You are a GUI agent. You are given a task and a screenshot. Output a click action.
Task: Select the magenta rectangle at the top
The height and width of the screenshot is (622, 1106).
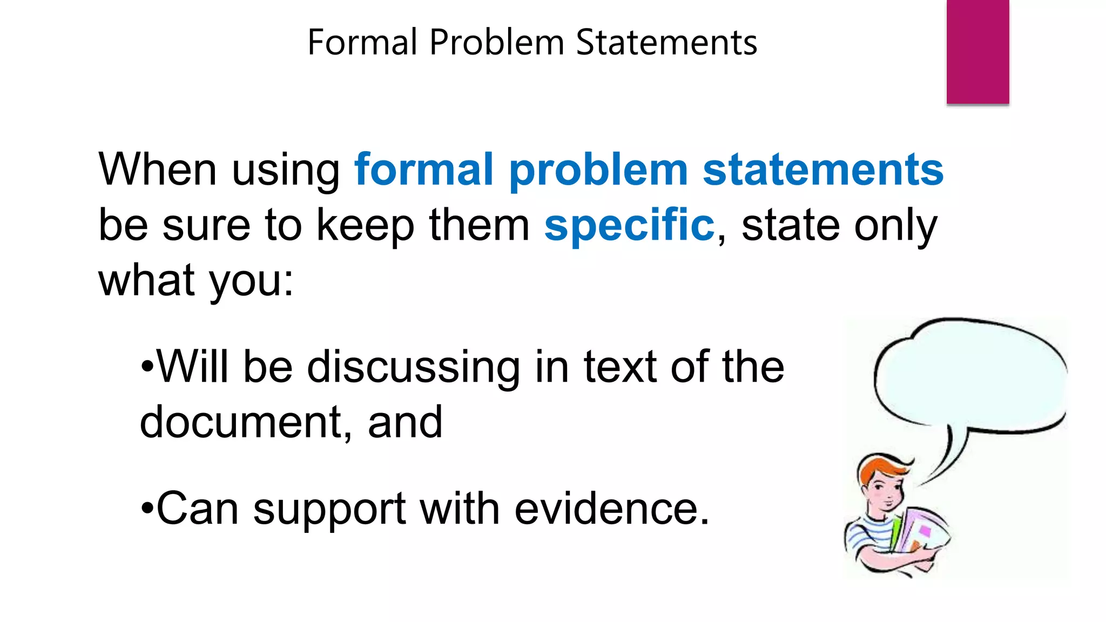click(x=977, y=51)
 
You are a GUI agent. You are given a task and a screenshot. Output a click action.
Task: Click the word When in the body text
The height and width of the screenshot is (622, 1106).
click(x=157, y=170)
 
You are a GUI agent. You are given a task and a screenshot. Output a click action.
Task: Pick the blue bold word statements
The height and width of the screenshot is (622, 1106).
click(x=823, y=170)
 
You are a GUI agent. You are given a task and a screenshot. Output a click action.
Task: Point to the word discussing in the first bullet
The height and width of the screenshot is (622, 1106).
click(x=413, y=367)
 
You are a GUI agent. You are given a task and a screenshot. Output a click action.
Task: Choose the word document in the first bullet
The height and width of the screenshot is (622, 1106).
click(x=240, y=422)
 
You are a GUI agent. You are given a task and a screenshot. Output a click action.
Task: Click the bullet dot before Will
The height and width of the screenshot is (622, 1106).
click(x=147, y=367)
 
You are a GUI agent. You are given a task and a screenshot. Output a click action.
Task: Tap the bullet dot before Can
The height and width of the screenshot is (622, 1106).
click(x=147, y=509)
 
